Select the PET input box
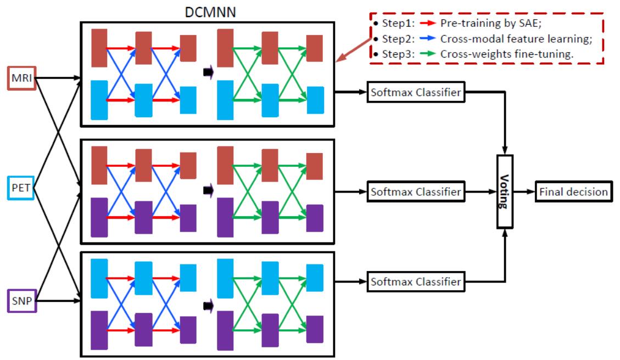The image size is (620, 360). pos(21,189)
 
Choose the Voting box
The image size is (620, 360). pos(508,192)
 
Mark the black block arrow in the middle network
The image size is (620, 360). pos(208,190)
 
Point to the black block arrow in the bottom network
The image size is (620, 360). pos(208,305)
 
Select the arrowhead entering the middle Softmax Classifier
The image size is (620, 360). pos(364,192)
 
